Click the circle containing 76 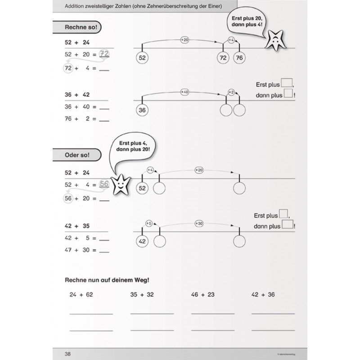239,58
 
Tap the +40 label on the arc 184,92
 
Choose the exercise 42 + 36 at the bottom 264,295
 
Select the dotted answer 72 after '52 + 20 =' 104,54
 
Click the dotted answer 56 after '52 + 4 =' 104,184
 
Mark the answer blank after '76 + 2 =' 104,120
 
